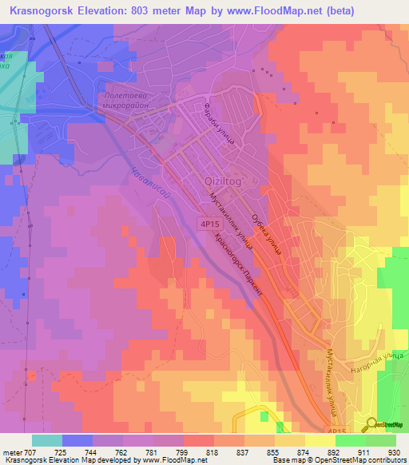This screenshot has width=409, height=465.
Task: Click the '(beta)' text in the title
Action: (315, 10)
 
